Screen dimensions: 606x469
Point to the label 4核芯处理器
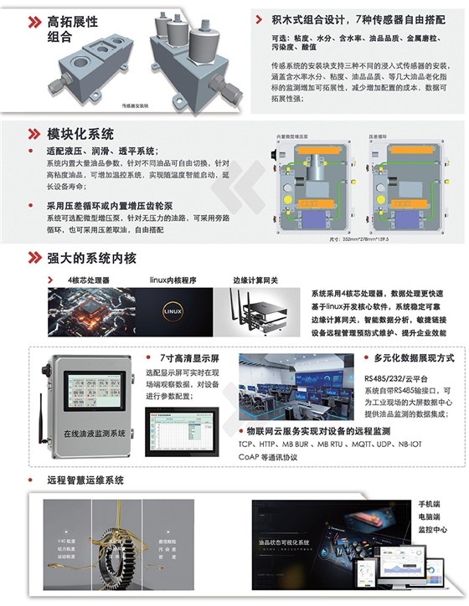click(88, 280)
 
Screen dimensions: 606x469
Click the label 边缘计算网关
click(257, 280)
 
